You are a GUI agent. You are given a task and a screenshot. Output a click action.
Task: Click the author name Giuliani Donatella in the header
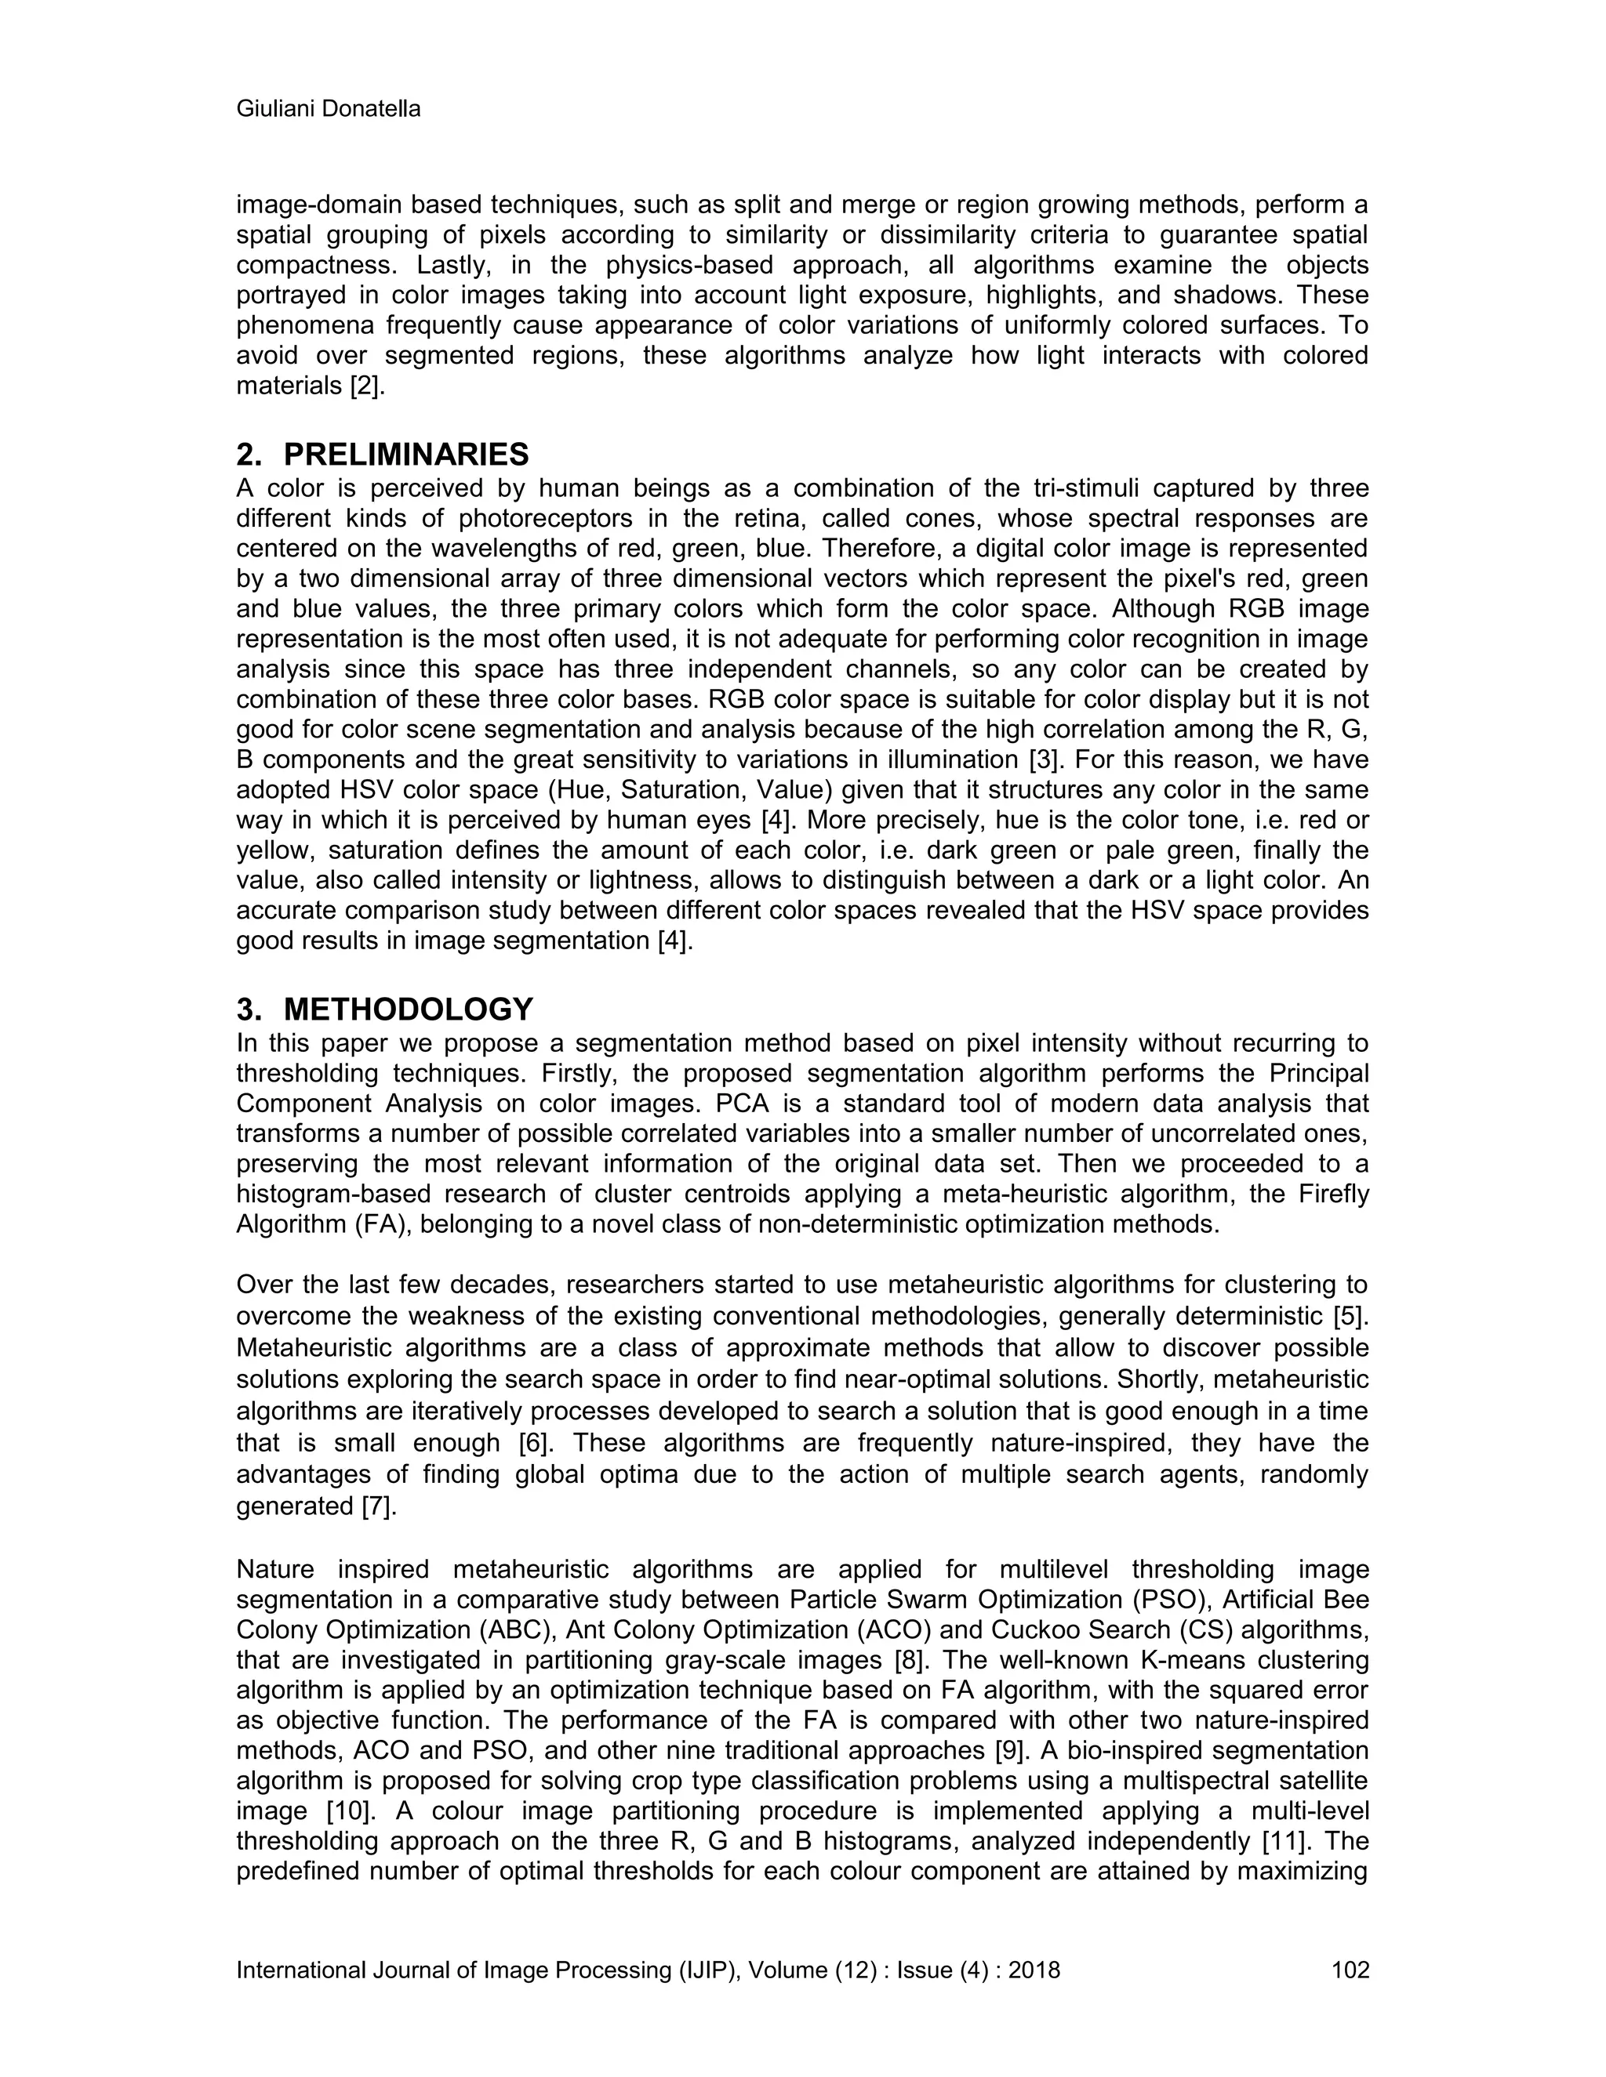(329, 110)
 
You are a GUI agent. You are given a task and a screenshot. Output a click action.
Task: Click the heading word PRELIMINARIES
(406, 455)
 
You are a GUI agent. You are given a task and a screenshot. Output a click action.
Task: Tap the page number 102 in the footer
(1350, 1970)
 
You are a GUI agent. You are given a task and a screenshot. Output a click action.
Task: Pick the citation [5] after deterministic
(1350, 1316)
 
